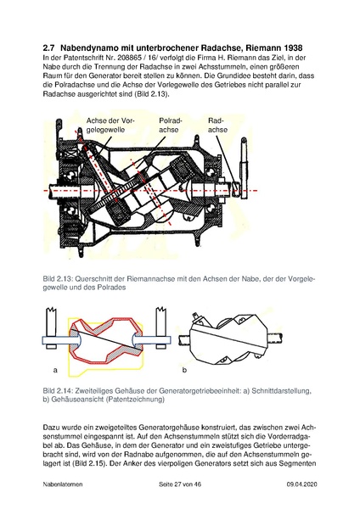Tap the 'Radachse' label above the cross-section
pos(218,128)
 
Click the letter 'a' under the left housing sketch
pos(56,371)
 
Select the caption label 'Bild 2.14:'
pos(60,391)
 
